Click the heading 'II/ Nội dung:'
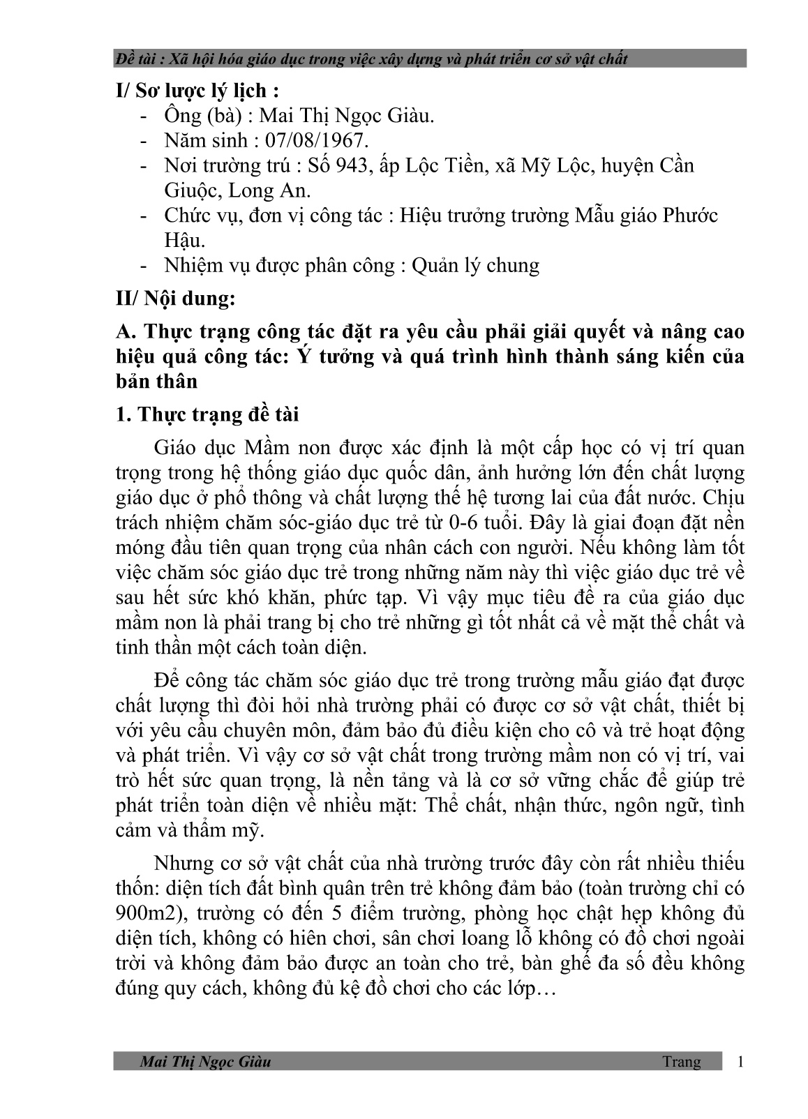[x=177, y=299]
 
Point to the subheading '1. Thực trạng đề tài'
[x=207, y=414]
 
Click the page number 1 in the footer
[x=740, y=1062]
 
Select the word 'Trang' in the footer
[x=682, y=1062]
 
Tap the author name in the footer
[x=205, y=1062]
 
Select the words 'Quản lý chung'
[x=475, y=266]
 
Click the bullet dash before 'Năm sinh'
[x=144, y=141]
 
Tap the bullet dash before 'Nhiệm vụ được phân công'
[x=144, y=266]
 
